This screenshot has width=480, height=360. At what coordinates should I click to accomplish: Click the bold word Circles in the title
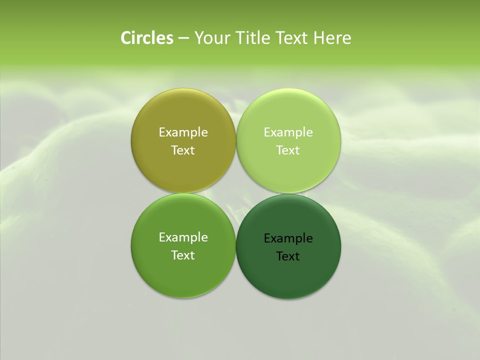pos(147,38)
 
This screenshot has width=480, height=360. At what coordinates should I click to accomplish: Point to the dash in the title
pos(183,38)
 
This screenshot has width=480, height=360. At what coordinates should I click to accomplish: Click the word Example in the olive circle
pos(183,132)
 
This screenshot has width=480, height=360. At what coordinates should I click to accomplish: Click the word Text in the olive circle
pos(183,150)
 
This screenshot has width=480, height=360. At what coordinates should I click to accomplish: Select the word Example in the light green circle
pos(288,132)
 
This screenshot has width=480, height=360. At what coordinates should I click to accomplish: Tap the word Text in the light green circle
pos(288,150)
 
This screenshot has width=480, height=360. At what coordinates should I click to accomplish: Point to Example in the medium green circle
pos(183,237)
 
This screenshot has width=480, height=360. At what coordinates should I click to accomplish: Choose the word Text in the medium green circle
pos(183,255)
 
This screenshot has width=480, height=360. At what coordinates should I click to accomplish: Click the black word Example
pos(288,238)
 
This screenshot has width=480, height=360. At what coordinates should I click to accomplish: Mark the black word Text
pos(288,256)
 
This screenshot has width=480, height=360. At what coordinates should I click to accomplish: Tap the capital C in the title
pos(126,38)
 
